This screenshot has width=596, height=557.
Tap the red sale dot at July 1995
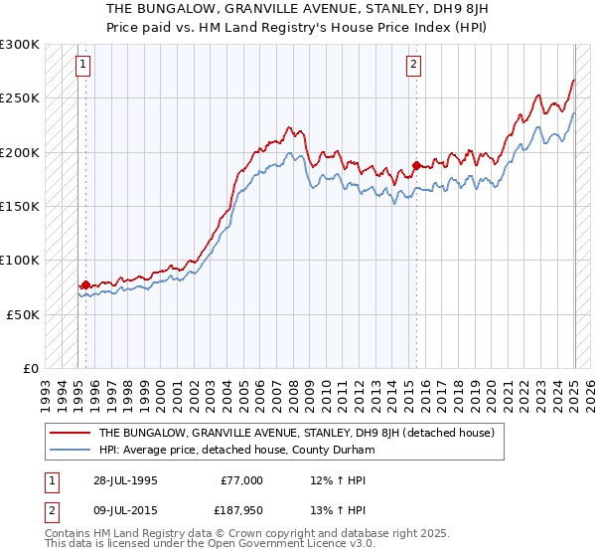tap(85, 284)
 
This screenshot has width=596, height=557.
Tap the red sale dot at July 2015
tap(415, 165)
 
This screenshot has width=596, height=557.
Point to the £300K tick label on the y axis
tap(20, 45)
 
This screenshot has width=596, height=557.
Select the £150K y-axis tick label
tap(20, 206)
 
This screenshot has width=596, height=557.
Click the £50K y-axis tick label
tap(23, 313)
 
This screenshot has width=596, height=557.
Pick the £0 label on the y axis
tap(31, 367)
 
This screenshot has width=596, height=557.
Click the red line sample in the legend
tap(71, 433)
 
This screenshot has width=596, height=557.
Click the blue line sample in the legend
tap(71, 451)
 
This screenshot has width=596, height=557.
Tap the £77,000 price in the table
tap(240, 479)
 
